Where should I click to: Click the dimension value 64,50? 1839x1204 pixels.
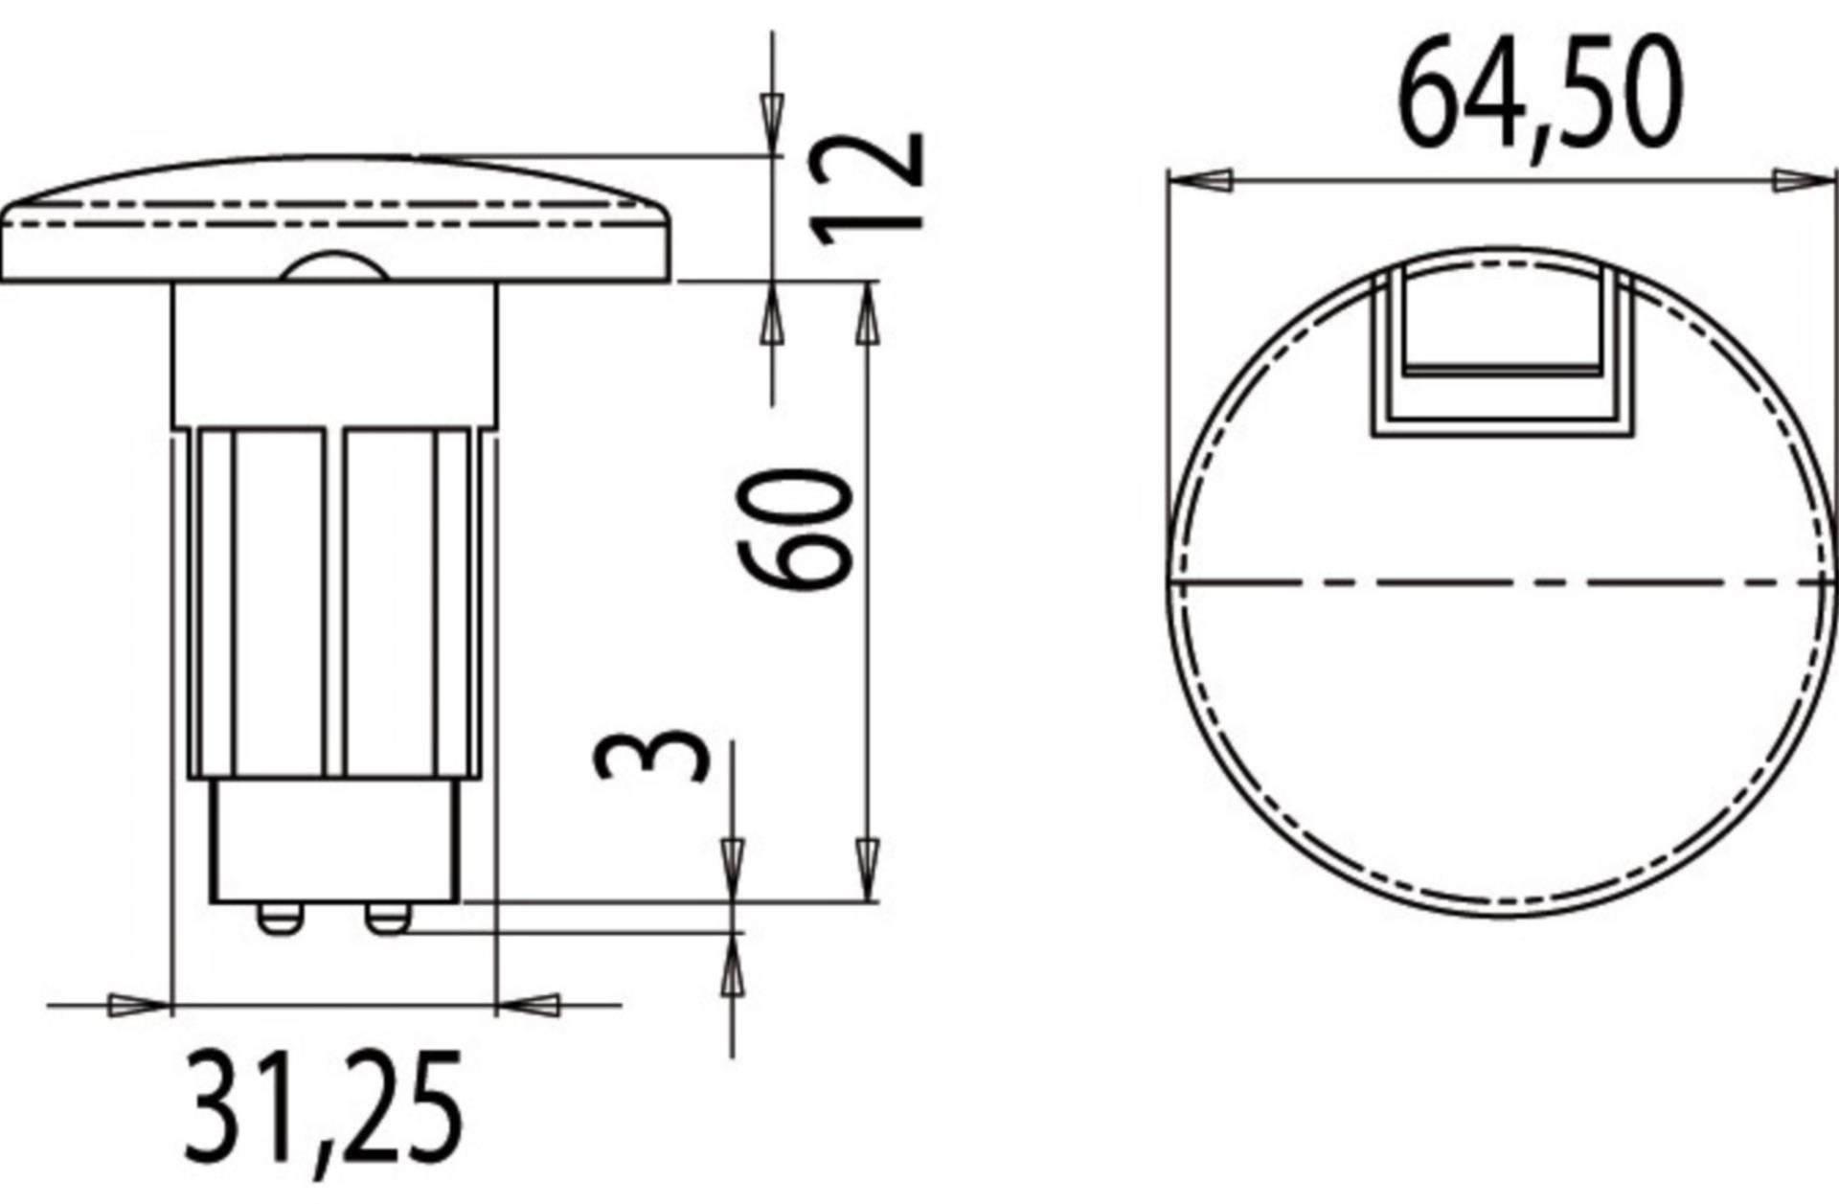pyautogui.click(x=1540, y=94)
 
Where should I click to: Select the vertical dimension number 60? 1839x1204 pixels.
pyautogui.click(x=794, y=530)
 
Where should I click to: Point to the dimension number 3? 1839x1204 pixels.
pyautogui.click(x=652, y=755)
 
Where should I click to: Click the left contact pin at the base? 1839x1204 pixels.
pyautogui.click(x=279, y=920)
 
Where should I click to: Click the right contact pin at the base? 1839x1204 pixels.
pyautogui.click(x=387, y=920)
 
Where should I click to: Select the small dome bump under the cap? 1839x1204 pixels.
pyautogui.click(x=335, y=268)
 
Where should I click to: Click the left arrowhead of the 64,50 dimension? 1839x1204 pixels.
pyautogui.click(x=1201, y=180)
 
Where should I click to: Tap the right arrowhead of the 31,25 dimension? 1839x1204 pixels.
pyautogui.click(x=528, y=1006)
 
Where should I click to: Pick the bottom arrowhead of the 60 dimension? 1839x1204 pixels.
pyautogui.click(x=867, y=867)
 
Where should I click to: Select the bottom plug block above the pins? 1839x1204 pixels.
pyautogui.click(x=334, y=839)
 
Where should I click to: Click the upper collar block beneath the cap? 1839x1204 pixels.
pyautogui.click(x=334, y=354)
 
